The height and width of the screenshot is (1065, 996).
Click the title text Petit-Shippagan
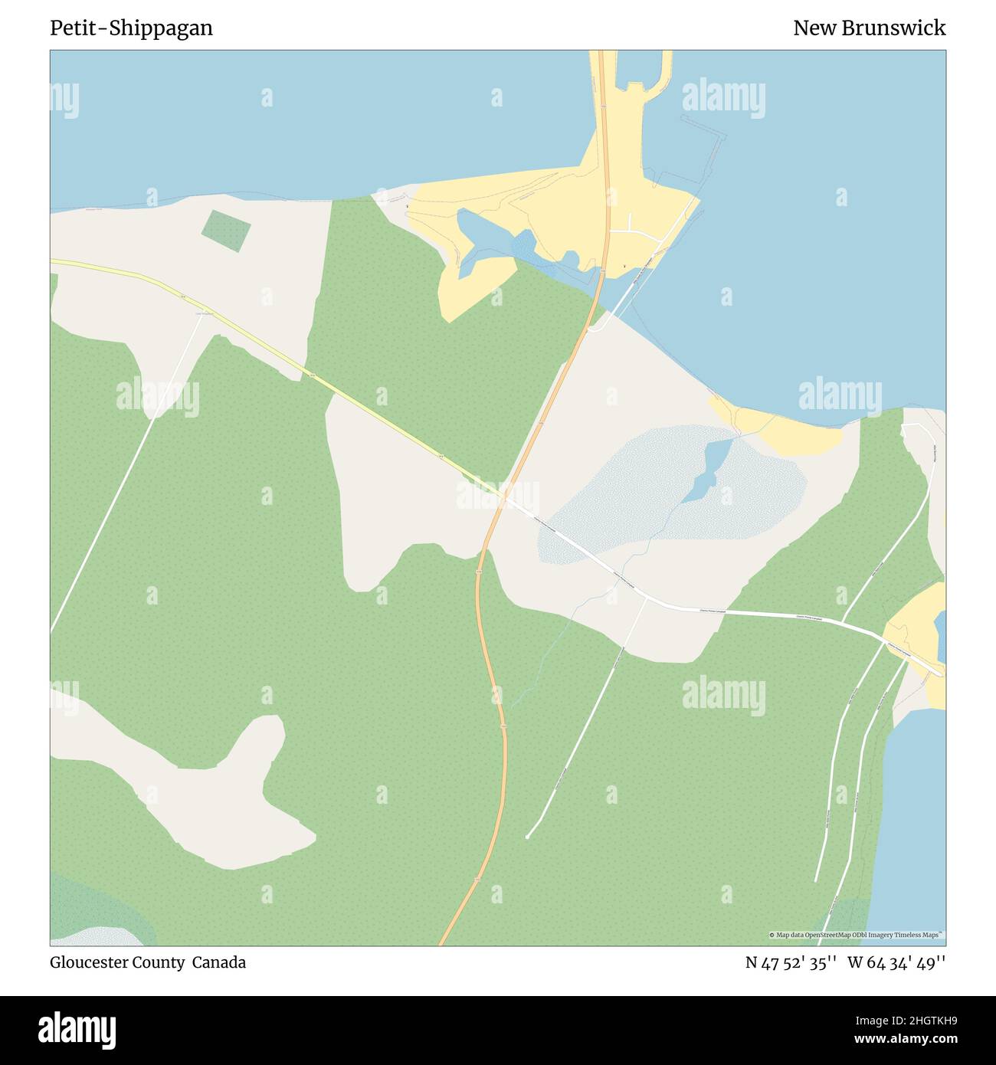click(x=131, y=28)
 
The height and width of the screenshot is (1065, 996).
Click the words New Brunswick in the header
click(x=869, y=28)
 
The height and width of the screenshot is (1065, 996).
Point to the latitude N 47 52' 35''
click(x=791, y=962)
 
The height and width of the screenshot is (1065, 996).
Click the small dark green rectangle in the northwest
click(x=226, y=229)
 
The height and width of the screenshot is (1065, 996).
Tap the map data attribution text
click(x=857, y=935)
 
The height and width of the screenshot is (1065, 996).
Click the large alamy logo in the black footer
click(x=77, y=1029)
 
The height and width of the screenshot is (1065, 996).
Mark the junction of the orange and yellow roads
click(x=503, y=495)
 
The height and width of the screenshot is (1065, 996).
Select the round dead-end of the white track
click(x=528, y=837)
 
